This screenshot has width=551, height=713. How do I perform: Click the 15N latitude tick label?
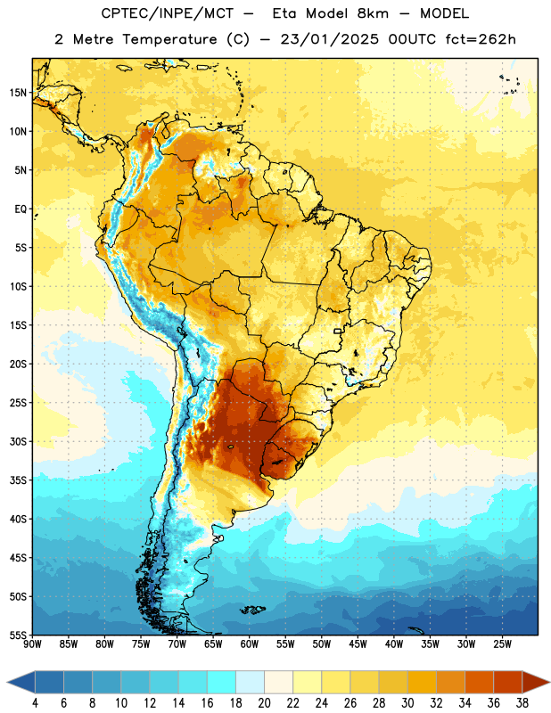(x=18, y=93)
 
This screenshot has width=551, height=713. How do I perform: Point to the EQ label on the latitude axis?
(x=21, y=209)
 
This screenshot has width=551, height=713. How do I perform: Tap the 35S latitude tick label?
(x=18, y=480)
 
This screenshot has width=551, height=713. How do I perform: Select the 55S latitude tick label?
(x=18, y=635)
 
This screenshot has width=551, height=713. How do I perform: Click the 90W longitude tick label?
(x=32, y=644)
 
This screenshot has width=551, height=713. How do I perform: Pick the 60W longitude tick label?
(x=250, y=644)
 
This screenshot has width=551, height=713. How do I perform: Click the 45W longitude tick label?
(x=358, y=644)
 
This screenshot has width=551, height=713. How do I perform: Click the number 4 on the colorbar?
(x=35, y=703)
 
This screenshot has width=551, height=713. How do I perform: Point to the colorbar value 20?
(x=264, y=703)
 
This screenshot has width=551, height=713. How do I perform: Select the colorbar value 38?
(x=522, y=703)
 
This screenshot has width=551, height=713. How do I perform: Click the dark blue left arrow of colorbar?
(x=21, y=682)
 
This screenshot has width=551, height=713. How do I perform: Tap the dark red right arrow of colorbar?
(x=537, y=682)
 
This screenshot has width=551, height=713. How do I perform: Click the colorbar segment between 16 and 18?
(x=222, y=682)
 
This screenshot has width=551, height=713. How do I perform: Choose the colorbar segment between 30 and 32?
(x=422, y=682)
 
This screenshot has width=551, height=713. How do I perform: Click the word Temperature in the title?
(x=169, y=39)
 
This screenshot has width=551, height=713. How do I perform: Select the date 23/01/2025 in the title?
(x=329, y=39)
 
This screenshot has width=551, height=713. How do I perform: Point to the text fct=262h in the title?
(x=481, y=39)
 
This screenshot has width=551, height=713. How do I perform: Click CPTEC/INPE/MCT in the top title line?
(x=167, y=13)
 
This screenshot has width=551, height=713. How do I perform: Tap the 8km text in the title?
(x=373, y=13)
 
